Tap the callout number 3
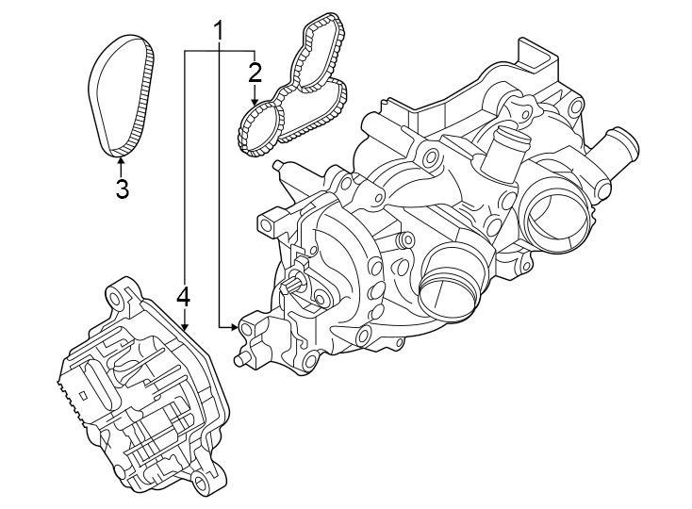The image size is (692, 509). (122, 189)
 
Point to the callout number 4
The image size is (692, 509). (183, 297)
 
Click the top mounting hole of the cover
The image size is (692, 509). (119, 301)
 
